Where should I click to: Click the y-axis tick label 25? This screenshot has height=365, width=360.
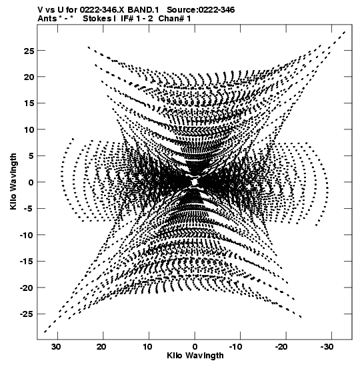29,51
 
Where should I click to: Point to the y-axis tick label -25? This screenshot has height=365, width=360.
27,314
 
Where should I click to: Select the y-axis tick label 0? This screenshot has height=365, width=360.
31,182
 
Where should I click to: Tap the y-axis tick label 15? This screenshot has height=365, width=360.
29,103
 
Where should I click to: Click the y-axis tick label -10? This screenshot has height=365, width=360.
27,235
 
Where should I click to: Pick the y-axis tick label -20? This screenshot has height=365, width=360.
27,288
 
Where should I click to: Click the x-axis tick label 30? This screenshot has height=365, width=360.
57,347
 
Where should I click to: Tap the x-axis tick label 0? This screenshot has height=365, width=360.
195,347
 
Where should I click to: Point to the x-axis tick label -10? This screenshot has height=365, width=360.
237,347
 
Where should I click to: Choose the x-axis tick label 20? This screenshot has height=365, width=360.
102,347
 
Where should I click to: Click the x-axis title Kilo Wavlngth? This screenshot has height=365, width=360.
195,356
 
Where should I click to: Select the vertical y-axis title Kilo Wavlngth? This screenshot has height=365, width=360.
13,181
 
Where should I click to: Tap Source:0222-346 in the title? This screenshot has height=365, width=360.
201,10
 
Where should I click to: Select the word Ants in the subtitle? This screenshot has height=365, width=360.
47,19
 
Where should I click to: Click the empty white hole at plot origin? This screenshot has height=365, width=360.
195,181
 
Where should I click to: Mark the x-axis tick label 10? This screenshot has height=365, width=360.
148,347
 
